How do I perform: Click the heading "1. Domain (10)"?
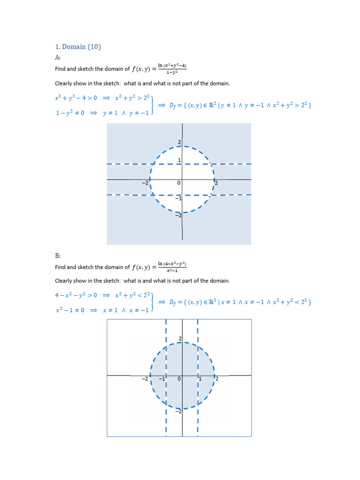pos(78,46)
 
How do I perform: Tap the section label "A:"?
pos(58,57)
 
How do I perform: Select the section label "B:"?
pos(58,255)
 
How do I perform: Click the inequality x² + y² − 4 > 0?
pos(76,98)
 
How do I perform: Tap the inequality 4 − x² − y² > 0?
pos(76,295)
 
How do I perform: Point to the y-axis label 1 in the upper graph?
pos(179,160)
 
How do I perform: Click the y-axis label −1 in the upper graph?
pos(178,199)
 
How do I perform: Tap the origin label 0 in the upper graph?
pos(179,183)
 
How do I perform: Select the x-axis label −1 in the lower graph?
pos(162,379)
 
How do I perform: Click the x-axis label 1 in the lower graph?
pos(199,379)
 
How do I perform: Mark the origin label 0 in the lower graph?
pos(179,379)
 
